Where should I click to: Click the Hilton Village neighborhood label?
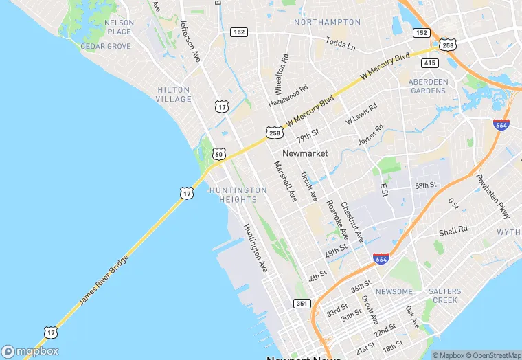coord(174,94)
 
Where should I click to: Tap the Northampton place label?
coord(327,22)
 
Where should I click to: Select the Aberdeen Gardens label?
coord(428,86)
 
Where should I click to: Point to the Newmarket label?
coord(305,153)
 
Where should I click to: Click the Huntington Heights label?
coord(238,194)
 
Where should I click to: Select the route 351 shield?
coord(302,303)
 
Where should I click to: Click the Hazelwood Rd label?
coord(288,97)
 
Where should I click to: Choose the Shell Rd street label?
coord(453,230)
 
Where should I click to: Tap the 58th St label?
coord(426,186)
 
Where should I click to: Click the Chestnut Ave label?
coord(352,221)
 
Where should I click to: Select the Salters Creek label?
coord(444,295)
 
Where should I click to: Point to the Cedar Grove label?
coord(106,46)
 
